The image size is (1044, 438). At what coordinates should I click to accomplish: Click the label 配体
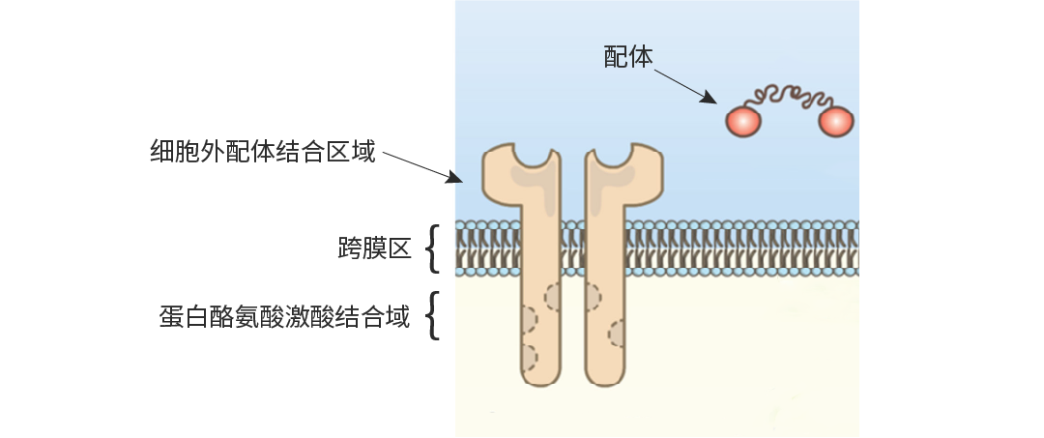(x=628, y=58)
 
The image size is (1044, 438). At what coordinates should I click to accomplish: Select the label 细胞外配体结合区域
(x=262, y=152)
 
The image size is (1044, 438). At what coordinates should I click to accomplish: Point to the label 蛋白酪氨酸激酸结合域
(x=284, y=317)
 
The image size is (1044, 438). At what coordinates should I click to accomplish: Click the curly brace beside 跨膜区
(x=434, y=248)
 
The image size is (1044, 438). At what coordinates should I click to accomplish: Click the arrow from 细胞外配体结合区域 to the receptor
(x=421, y=165)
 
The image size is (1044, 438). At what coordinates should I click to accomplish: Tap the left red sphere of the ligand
(x=742, y=121)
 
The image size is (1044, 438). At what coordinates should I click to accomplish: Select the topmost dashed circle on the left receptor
(x=555, y=295)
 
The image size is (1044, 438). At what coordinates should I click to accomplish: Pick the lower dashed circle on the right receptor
(x=617, y=334)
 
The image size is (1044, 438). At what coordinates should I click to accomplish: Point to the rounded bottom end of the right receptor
(x=605, y=380)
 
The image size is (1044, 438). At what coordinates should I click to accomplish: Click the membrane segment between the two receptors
(x=572, y=248)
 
